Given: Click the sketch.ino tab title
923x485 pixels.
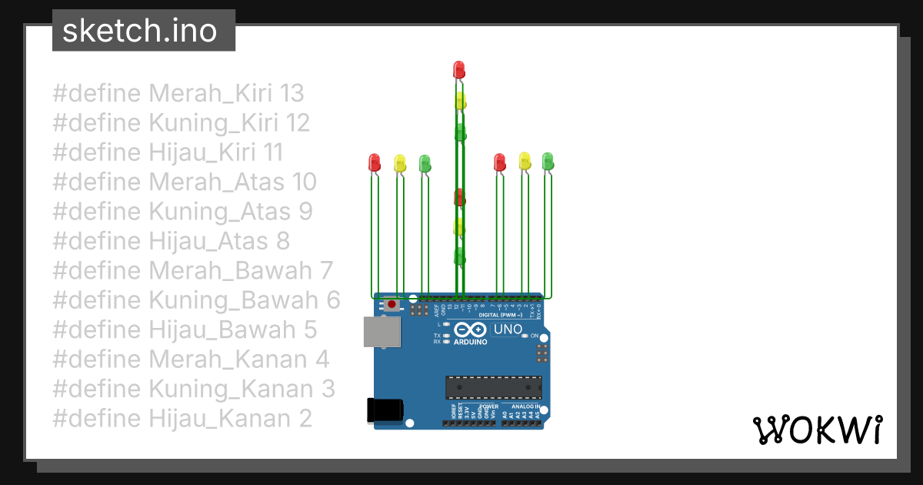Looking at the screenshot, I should point(138,31).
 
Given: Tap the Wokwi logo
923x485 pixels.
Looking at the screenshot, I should point(817,430).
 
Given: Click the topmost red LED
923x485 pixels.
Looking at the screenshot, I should point(459,69).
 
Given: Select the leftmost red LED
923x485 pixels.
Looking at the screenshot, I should point(375,162).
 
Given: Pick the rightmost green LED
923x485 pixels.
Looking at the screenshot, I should point(548,161).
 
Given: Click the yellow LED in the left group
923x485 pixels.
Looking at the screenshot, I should point(399,162).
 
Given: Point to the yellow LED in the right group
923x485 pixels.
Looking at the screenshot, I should point(525,161).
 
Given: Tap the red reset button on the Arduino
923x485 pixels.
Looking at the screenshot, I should point(393,305).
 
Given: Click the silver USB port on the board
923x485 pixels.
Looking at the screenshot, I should point(382,332).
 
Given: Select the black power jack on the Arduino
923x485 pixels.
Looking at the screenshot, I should point(385,409).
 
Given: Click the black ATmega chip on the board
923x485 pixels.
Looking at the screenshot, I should point(493,388).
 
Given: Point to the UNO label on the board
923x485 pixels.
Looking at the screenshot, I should point(508,329).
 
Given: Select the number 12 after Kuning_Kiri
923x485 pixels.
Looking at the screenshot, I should point(297,123).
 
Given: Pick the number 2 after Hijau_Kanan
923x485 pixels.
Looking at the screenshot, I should point(305,419).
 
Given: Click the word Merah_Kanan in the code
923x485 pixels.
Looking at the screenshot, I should point(217,360).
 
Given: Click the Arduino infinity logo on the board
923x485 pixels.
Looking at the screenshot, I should point(471,329).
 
